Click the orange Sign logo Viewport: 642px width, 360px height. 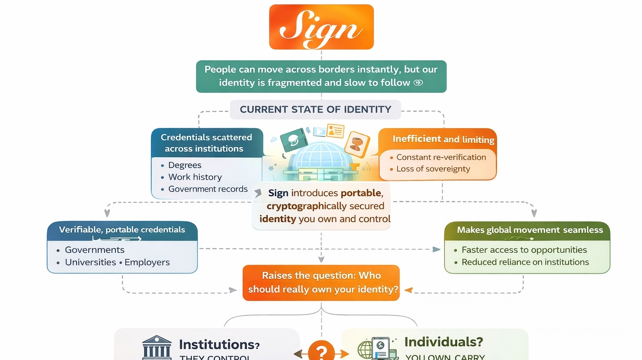pyautogui.click(x=321, y=27)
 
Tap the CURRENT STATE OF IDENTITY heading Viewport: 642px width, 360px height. pyautogui.click(x=315, y=110)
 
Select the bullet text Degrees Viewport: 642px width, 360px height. pyautogui.click(x=185, y=165)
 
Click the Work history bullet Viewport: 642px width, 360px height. pyautogui.click(x=195, y=177)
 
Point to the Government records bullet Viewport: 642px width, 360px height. pyautogui.click(x=208, y=189)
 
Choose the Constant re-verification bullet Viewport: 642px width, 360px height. pyautogui.click(x=441, y=157)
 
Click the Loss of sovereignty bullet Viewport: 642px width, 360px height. pyautogui.click(x=433, y=169)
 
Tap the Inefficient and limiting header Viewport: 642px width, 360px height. pyautogui.click(x=443, y=139)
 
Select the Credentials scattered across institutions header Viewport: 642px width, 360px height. pyautogui.click(x=206, y=143)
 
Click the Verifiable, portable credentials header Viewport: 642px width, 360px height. pyautogui.click(x=122, y=230)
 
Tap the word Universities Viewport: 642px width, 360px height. pyautogui.click(x=90, y=262)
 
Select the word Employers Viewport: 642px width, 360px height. pyautogui.click(x=147, y=262)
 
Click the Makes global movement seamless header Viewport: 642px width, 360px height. pyautogui.click(x=530, y=230)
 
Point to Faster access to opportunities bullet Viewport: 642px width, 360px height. pyautogui.click(x=524, y=250)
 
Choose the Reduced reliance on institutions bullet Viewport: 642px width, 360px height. pyautogui.click(x=525, y=262)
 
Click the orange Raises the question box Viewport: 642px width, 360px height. pyautogui.click(x=321, y=283)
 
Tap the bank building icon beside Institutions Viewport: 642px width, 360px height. pyautogui.click(x=157, y=347)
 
